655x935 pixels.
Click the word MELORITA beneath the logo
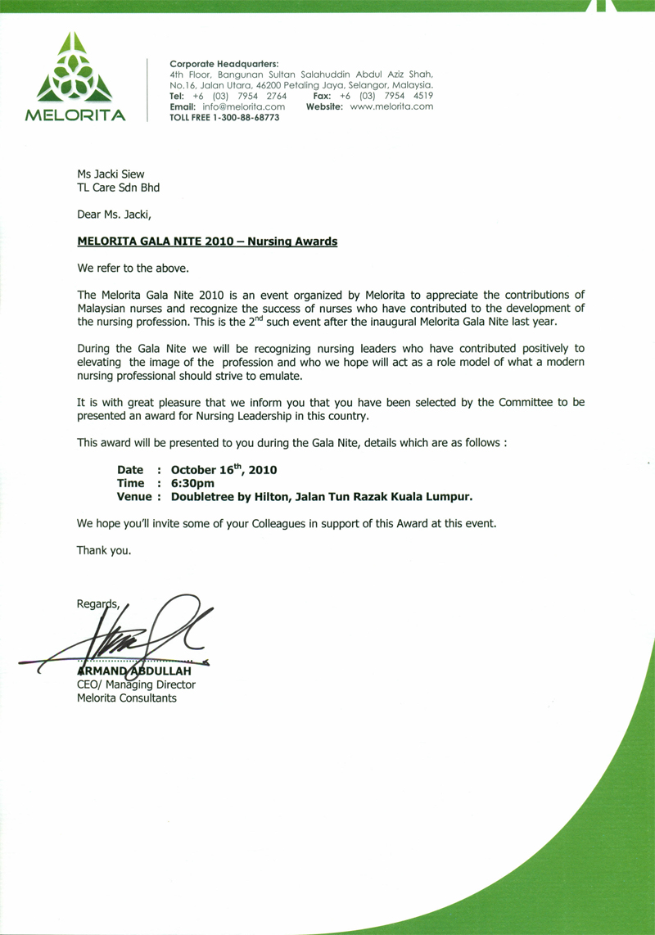(x=75, y=115)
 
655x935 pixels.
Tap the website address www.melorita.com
(x=391, y=106)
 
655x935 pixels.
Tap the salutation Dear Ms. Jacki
(x=115, y=215)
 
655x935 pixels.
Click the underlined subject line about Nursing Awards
(x=207, y=242)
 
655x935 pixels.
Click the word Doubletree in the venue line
(x=206, y=496)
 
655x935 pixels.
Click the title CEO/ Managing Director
(x=136, y=684)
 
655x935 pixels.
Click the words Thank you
(x=104, y=550)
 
